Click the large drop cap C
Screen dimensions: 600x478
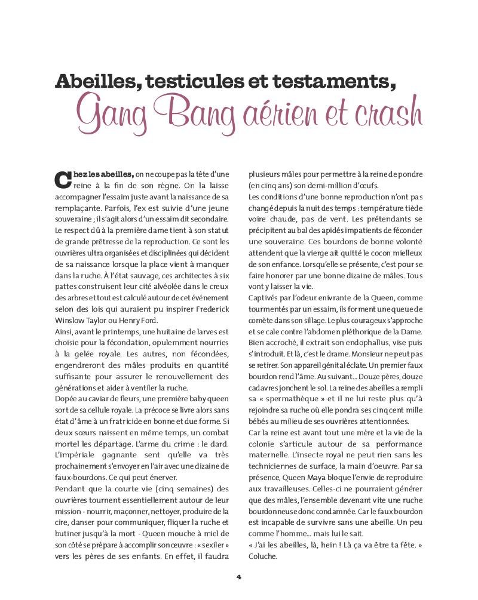62,178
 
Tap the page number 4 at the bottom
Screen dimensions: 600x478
238,577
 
